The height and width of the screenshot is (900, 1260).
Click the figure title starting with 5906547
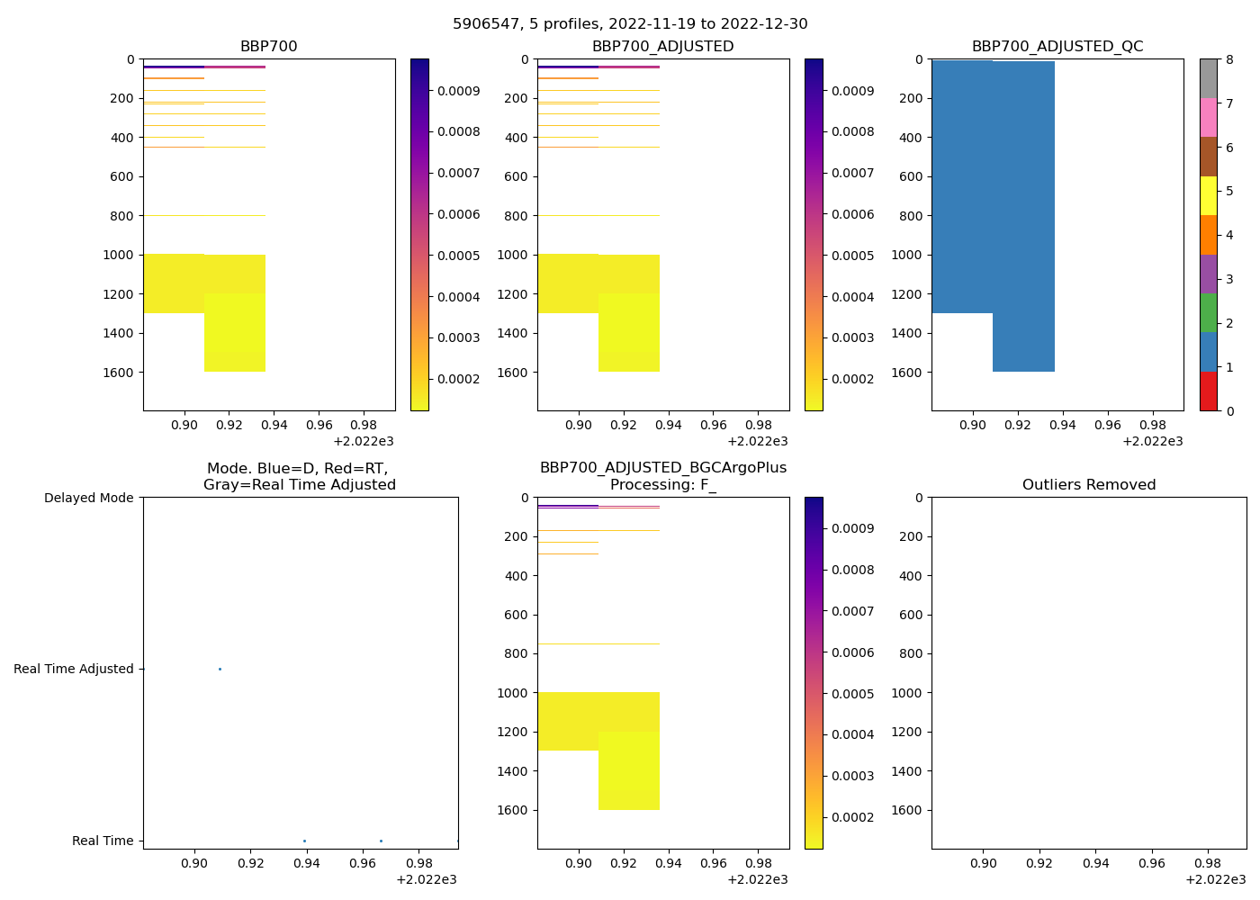pos(630,24)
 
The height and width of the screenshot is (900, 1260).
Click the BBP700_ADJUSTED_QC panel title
pos(1057,47)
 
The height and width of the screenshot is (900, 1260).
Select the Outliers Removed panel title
pos(1089,485)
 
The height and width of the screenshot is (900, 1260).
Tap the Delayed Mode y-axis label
pos(89,498)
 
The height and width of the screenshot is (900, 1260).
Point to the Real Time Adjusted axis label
pos(74,669)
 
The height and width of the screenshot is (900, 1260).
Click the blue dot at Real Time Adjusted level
pos(220,669)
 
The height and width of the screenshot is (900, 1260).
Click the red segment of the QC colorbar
pos(1208,391)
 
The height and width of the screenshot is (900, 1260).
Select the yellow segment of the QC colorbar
pos(1208,195)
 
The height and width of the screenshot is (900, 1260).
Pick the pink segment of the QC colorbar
pos(1208,117)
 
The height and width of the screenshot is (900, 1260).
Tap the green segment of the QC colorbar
pos(1208,312)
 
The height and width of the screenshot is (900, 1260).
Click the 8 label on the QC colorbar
pos(1229,59)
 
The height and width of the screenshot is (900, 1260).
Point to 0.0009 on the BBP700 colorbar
pos(459,91)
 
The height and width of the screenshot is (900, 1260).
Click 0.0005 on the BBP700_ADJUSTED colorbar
pos(853,256)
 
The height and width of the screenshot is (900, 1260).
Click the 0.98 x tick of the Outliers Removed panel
pos(1208,863)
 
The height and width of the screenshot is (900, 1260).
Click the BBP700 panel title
pos(268,47)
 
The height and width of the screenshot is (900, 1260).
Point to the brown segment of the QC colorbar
pos(1208,157)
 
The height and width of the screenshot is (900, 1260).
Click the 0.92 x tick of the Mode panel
pos(251,863)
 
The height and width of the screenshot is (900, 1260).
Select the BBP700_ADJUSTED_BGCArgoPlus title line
pos(663,468)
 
